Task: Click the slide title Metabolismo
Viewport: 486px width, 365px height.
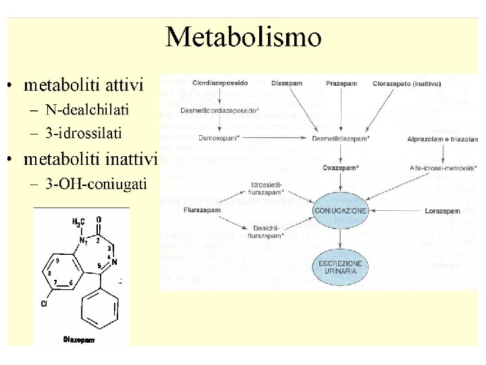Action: [244, 37]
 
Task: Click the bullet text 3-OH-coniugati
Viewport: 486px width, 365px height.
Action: [96, 182]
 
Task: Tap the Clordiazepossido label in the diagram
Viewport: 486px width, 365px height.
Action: [220, 83]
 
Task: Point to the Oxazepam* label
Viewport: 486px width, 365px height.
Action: [342, 167]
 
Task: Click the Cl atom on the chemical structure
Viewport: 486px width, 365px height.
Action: [44, 304]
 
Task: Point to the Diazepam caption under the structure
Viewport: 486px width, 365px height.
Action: [80, 339]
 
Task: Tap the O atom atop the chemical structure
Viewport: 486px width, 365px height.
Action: [99, 220]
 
